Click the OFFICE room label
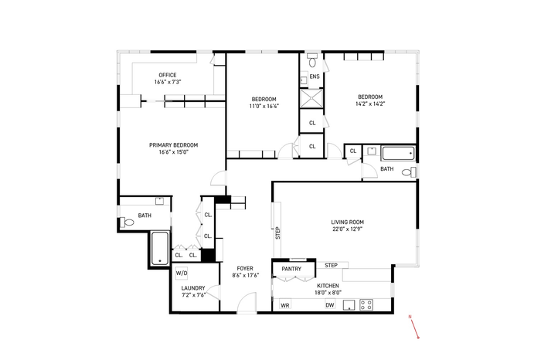[168, 75]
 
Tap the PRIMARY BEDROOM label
[174, 145]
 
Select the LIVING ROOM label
[348, 222]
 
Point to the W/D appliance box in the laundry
[182, 273]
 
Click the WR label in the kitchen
[285, 305]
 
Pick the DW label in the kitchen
[330, 305]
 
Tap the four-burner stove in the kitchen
[366, 305]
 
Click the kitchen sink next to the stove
[349, 305]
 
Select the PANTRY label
[291, 269]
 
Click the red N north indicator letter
[410, 317]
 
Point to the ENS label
[315, 76]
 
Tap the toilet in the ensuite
[312, 60]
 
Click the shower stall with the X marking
[311, 98]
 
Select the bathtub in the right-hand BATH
[398, 154]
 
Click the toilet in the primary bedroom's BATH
[127, 222]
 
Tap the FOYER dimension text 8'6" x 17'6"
[245, 275]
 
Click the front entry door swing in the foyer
[247, 302]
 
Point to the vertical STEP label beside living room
[277, 233]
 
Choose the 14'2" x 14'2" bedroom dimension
[370, 104]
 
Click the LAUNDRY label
[193, 288]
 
